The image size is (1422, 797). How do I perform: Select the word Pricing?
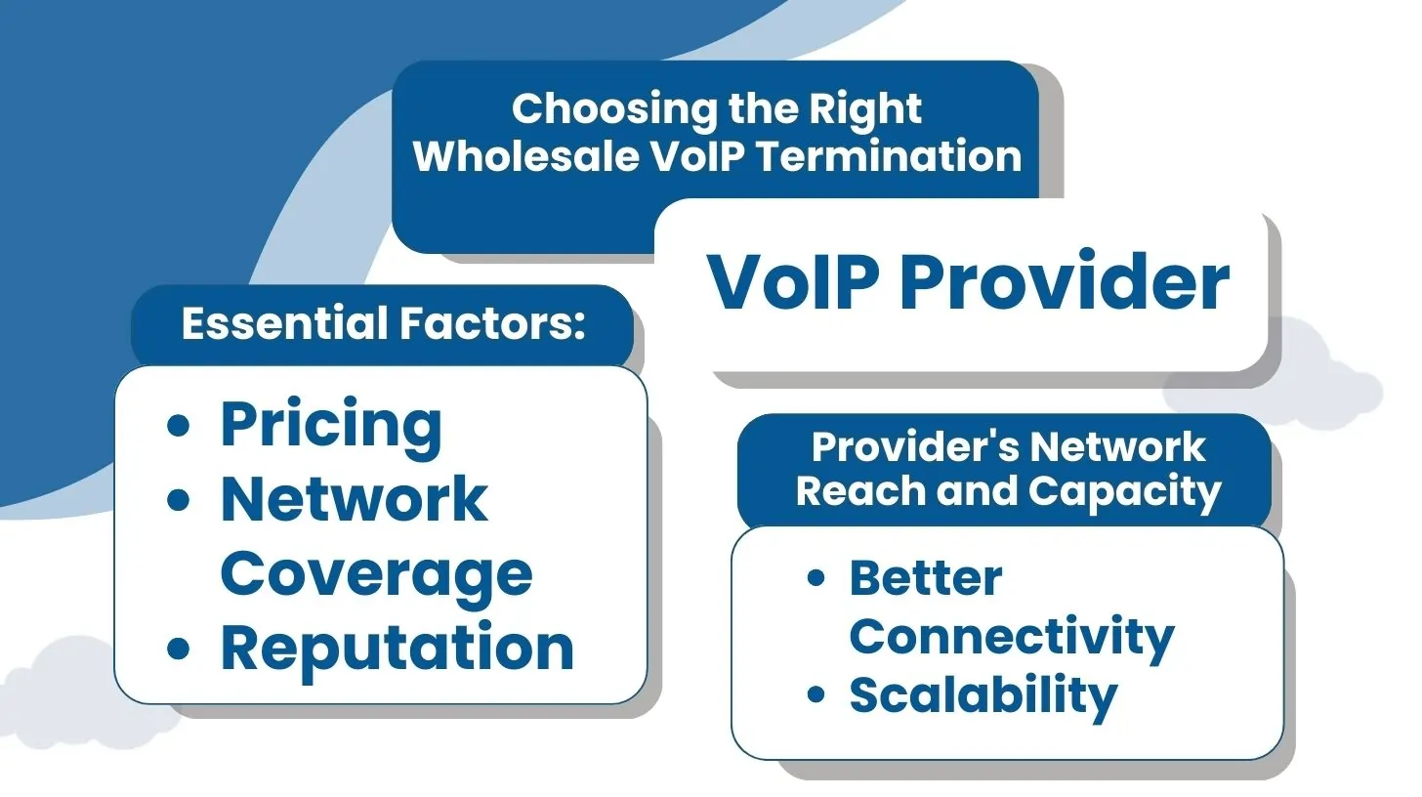pyautogui.click(x=331, y=426)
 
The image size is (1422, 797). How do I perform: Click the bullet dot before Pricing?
pyautogui.click(x=179, y=426)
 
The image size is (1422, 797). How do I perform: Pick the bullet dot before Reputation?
pyautogui.click(x=179, y=649)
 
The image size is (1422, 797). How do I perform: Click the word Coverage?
pyautogui.click(x=376, y=573)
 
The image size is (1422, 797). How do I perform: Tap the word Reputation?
pyautogui.click(x=397, y=649)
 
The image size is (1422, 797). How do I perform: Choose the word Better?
pyautogui.click(x=925, y=578)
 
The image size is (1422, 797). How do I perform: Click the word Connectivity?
pyautogui.click(x=1011, y=637)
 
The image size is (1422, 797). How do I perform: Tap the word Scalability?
pyautogui.click(x=983, y=695)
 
